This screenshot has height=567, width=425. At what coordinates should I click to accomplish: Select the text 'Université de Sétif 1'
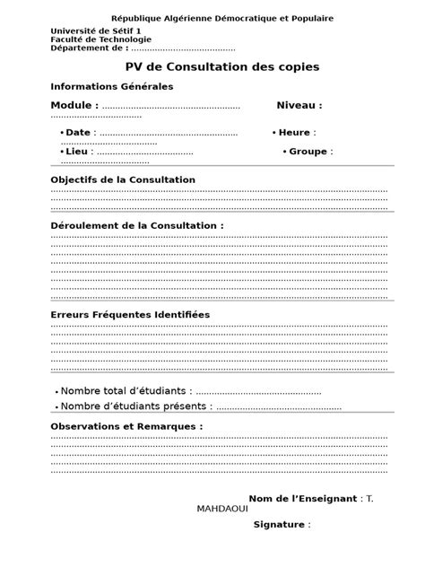coord(90,31)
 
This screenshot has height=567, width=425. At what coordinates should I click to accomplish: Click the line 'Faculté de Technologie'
coord(100,39)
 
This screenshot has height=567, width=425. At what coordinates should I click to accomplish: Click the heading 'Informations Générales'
coord(111,87)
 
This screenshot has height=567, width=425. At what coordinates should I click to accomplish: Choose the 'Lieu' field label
coord(76,152)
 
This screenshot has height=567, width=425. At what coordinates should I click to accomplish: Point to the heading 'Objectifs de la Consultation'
coord(123,180)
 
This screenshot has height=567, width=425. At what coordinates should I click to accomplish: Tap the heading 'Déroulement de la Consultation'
coord(134,225)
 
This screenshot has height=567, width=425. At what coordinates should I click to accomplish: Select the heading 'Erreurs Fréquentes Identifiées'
coord(129,315)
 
